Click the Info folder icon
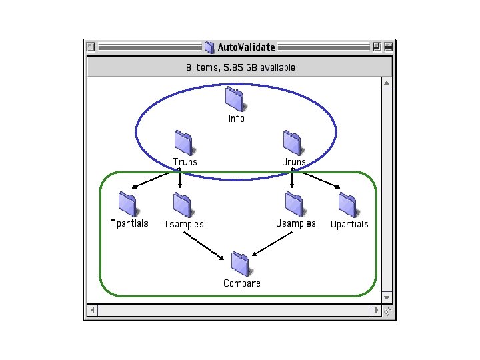[x=235, y=99]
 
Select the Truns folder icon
[x=183, y=143]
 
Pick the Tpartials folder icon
[x=127, y=204]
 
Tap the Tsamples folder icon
[x=182, y=205]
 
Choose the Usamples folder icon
[x=294, y=204]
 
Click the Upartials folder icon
[x=347, y=205]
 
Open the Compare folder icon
[x=241, y=264]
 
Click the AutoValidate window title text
[x=246, y=47]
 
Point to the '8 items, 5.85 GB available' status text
[x=241, y=67]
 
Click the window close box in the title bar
[x=91, y=47]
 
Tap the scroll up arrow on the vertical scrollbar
[x=387, y=84]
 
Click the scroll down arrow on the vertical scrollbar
[x=387, y=297]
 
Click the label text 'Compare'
[x=242, y=283]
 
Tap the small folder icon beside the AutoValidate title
[x=209, y=47]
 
